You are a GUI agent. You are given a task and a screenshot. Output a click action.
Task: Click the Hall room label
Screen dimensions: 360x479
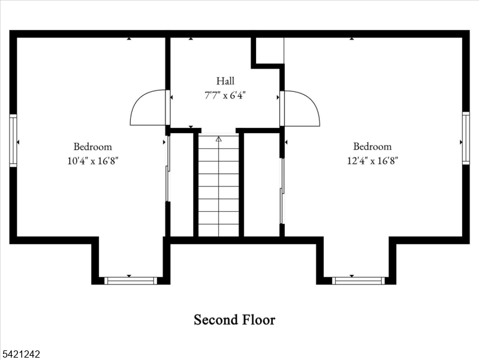pyautogui.click(x=225, y=81)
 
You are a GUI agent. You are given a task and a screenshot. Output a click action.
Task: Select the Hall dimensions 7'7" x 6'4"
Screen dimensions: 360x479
pyautogui.click(x=225, y=95)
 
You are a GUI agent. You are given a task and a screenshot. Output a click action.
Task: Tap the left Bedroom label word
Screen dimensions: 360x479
pyautogui.click(x=92, y=146)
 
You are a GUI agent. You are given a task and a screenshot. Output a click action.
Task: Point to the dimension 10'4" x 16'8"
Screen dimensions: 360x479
pyautogui.click(x=92, y=161)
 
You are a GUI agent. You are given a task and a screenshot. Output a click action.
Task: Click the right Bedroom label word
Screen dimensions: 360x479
pyautogui.click(x=372, y=146)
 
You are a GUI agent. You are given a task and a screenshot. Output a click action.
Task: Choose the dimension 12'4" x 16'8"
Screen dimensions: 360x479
pyautogui.click(x=372, y=161)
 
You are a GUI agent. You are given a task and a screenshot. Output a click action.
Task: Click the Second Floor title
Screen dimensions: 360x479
pyautogui.click(x=234, y=320)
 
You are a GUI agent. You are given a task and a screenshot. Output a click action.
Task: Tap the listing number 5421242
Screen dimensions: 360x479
pyautogui.click(x=21, y=355)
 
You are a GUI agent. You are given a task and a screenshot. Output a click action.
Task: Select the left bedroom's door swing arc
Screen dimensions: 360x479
pyautogui.click(x=147, y=109)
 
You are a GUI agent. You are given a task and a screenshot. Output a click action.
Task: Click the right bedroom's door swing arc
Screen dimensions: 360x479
pyautogui.click(x=303, y=109)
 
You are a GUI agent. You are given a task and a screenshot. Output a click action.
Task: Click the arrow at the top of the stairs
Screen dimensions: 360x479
pyautogui.click(x=218, y=139)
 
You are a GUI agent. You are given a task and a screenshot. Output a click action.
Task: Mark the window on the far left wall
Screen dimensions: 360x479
pyautogui.click(x=13, y=141)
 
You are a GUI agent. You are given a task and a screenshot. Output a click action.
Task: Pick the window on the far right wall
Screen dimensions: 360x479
pyautogui.click(x=466, y=138)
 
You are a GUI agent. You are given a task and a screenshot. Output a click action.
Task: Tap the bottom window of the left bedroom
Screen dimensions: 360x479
pyautogui.click(x=131, y=280)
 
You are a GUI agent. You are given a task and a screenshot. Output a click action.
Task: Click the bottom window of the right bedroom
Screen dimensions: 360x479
pyautogui.click(x=359, y=280)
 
